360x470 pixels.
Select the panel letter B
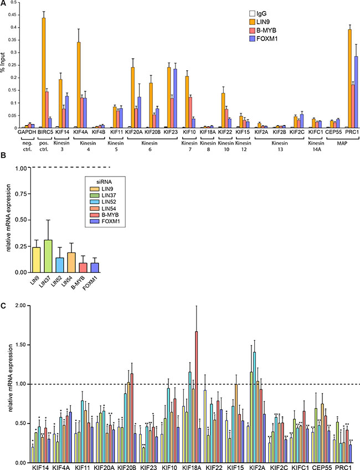coord(4,163)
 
